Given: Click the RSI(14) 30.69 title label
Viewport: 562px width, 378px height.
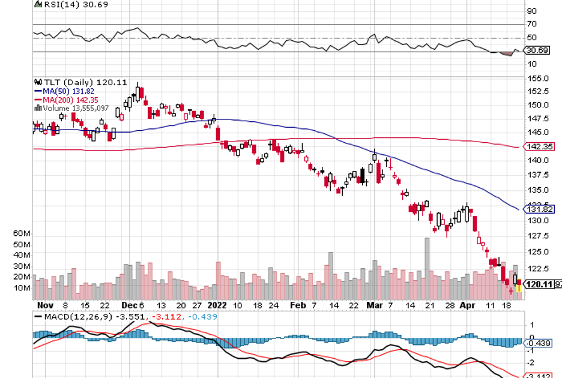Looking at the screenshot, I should [x=66, y=4].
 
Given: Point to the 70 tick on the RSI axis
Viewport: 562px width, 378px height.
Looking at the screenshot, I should [x=531, y=25].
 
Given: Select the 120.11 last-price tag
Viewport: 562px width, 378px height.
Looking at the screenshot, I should [x=538, y=284].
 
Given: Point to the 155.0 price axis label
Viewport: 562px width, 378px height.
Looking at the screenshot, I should [x=537, y=79].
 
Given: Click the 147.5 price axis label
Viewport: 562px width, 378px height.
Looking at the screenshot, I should [x=537, y=119].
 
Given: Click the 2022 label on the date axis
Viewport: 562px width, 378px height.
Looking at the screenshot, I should [x=217, y=305].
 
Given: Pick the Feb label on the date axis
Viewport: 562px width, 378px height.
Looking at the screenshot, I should [x=297, y=305].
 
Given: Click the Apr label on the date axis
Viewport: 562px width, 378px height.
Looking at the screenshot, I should [x=467, y=305].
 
